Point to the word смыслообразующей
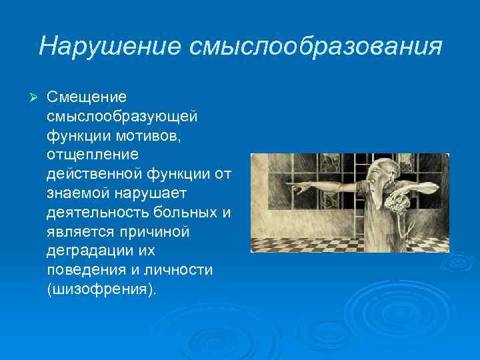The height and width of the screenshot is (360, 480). (122, 117)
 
